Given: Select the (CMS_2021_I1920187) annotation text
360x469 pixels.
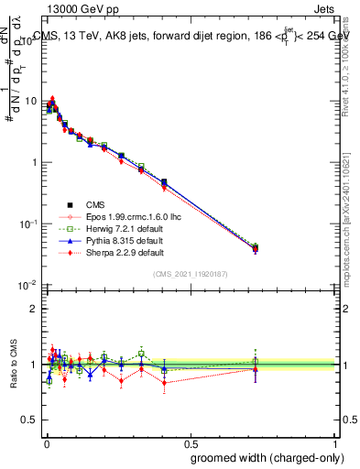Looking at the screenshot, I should click(191, 274).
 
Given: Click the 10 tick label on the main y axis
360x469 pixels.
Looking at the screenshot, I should click(29, 101).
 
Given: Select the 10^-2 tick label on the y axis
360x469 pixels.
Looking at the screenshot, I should click(27, 286).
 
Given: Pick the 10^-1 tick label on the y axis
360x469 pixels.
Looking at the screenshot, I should click(27, 224).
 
